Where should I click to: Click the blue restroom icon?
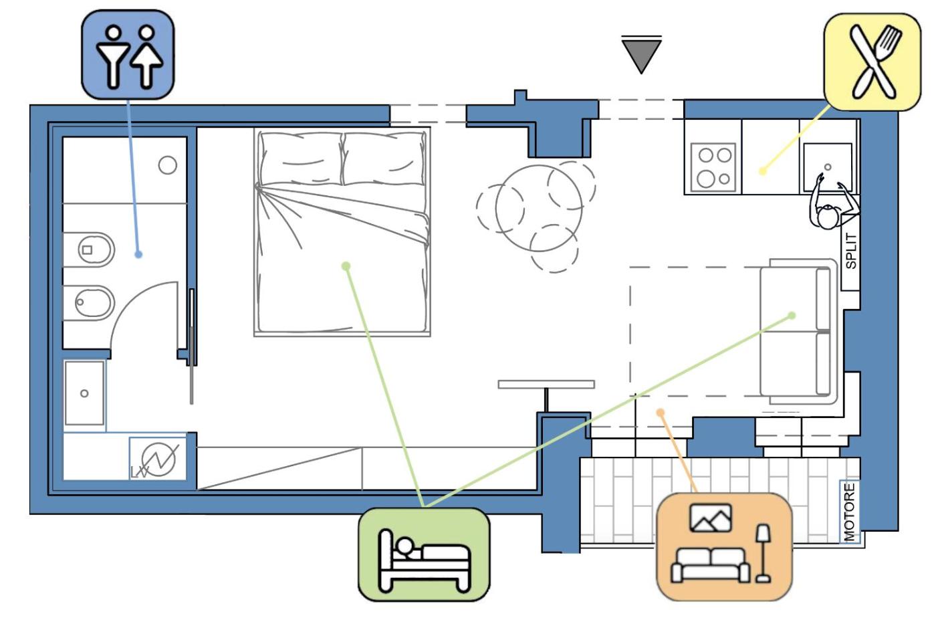point(128,55)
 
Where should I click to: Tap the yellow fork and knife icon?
point(872,60)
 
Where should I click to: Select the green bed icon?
point(424,553)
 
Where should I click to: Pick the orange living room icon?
point(724,546)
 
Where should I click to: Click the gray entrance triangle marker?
point(641,54)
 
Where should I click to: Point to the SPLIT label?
point(850,251)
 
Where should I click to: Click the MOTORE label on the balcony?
point(849,512)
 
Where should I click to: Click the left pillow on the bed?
point(301,159)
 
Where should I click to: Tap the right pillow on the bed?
point(384,159)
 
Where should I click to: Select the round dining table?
point(538,209)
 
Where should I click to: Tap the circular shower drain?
point(167,165)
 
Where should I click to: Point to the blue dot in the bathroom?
point(138,254)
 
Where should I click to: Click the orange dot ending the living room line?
point(661,413)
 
